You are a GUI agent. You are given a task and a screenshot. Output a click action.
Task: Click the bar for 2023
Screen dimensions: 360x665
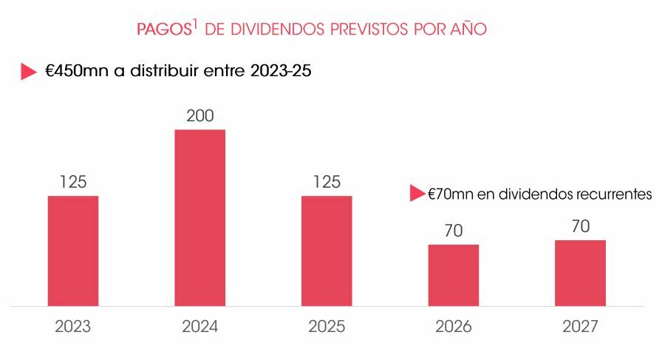72,251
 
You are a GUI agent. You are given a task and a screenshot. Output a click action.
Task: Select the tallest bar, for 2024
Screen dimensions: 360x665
199,217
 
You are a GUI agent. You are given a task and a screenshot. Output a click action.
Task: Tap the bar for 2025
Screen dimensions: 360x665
327,251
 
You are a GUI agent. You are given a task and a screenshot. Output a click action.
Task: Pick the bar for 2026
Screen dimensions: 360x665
454,274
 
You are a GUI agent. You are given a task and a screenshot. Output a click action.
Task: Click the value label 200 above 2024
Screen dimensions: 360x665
199,116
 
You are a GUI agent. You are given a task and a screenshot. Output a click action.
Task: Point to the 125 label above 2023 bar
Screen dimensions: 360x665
72,183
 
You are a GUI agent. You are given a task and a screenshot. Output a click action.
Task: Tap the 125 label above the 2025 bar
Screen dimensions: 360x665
327,183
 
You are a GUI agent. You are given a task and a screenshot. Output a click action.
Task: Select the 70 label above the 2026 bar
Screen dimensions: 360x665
454,231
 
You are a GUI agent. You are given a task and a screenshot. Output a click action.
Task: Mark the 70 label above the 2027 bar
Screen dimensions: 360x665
581,226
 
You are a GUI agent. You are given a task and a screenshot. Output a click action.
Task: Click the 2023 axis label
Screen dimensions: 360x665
72,327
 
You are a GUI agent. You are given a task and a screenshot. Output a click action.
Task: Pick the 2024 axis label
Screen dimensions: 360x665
199,327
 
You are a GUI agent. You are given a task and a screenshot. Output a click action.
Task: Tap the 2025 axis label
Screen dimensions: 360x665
327,327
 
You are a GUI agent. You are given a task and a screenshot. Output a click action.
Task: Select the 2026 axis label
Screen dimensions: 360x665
454,327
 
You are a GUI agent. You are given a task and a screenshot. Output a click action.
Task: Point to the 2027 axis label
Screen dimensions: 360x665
581,327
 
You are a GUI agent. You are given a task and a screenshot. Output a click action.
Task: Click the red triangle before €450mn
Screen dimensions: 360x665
28,72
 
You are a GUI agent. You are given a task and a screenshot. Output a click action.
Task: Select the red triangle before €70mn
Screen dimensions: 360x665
417,194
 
